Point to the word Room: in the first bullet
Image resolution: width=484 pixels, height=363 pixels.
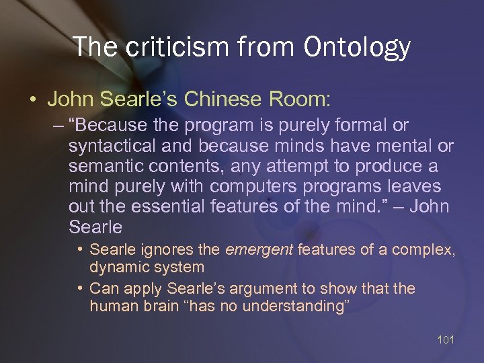point(298,99)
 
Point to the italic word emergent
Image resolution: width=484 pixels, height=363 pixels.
point(259,250)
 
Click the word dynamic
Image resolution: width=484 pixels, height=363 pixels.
point(117,267)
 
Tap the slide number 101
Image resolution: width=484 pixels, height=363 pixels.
point(446,339)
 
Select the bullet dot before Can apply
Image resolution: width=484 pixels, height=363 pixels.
point(80,289)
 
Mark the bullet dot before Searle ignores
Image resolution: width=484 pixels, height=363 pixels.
point(80,250)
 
